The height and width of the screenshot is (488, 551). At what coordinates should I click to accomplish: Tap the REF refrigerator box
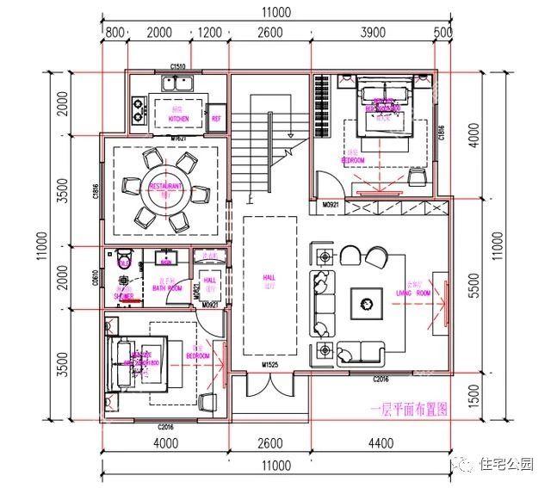click(x=216, y=118)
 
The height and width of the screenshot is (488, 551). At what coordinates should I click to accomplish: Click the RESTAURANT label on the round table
click(x=165, y=187)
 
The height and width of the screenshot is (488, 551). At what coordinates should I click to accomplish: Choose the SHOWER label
click(x=124, y=295)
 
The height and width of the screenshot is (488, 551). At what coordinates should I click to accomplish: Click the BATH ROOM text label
click(x=167, y=288)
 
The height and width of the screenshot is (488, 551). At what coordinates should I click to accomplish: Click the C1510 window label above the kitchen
click(x=178, y=66)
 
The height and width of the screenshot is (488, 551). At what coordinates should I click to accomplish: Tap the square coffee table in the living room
click(x=368, y=302)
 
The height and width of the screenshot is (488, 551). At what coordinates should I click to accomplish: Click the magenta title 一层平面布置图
click(x=409, y=411)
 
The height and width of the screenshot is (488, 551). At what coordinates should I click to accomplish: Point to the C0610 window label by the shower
click(x=96, y=277)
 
